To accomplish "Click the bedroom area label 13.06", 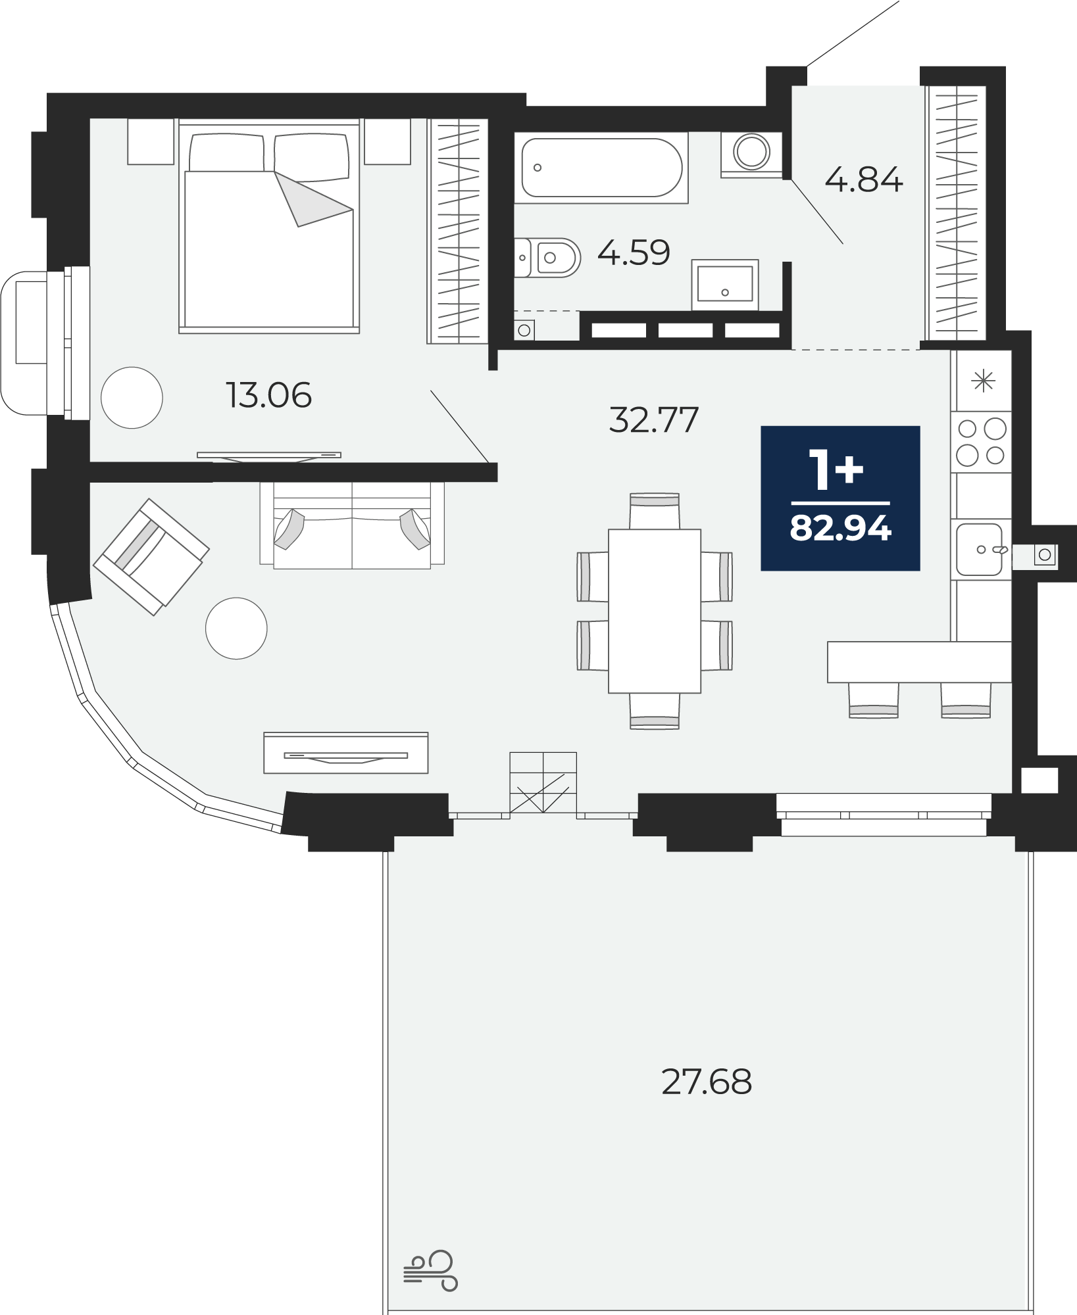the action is point(268,395).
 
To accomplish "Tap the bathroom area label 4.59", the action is point(634,252).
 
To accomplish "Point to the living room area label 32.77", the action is point(653,419).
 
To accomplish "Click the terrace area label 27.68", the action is point(706,1082).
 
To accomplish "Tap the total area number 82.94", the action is point(841,527).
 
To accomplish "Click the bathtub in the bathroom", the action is point(601,168).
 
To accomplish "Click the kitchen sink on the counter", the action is point(980,549).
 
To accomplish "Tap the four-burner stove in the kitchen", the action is point(981,442).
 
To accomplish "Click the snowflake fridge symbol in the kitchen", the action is point(984,381).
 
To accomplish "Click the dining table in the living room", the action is point(655,611).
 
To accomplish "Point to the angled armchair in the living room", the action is point(151,557).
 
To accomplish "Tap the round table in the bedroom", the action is point(132,398).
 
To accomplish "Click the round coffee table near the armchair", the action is point(236,628).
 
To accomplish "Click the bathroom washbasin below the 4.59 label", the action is point(725,284).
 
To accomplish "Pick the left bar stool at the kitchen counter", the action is point(874,700).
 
